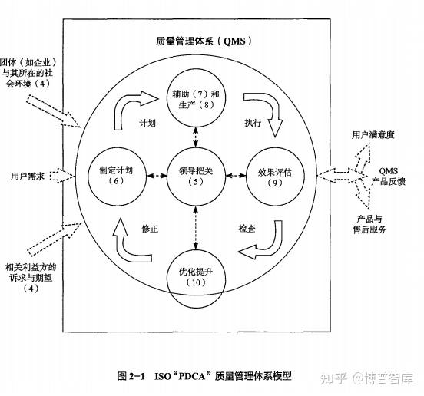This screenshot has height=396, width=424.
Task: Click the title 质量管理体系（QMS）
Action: click(x=204, y=41)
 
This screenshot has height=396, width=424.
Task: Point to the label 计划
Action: click(x=147, y=123)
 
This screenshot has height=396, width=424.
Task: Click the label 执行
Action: click(x=253, y=123)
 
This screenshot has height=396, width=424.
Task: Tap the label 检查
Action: click(x=247, y=229)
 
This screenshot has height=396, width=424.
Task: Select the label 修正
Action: click(x=150, y=229)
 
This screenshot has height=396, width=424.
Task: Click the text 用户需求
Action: click(x=28, y=177)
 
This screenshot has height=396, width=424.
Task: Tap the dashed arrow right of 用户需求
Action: click(x=62, y=176)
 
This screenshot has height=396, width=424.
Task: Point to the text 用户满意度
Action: click(x=373, y=135)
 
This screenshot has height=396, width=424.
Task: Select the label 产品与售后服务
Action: click(x=369, y=224)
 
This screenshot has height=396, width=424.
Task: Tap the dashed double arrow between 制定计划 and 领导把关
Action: click(x=157, y=176)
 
